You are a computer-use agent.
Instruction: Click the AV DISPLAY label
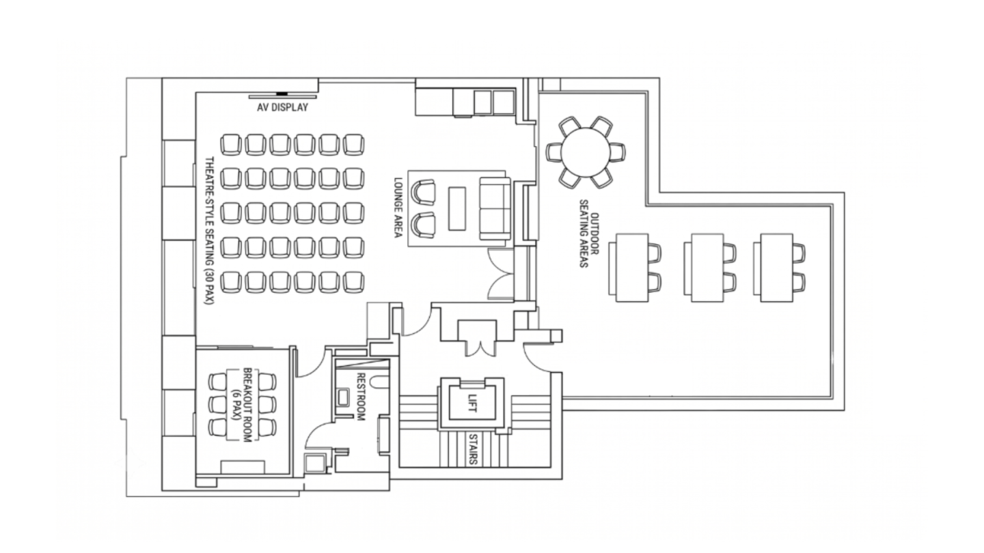point(282,108)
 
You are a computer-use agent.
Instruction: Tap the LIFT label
point(471,401)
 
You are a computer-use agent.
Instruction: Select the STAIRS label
point(473,449)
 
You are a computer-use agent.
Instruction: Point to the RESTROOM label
point(361,397)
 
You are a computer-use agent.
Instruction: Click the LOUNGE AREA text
point(398,207)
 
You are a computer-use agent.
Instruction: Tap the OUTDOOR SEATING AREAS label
point(588,234)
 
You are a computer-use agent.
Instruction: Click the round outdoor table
point(586,152)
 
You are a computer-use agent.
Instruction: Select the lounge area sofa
point(495,208)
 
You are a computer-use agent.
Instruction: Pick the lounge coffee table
point(457,208)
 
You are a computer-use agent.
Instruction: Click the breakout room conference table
point(243,404)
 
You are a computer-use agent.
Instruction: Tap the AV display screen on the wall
point(282,96)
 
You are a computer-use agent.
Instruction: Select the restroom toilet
point(342,397)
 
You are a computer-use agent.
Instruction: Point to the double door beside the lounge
point(501,274)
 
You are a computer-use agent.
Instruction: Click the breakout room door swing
point(311,362)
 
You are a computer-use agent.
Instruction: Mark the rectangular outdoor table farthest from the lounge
point(777,268)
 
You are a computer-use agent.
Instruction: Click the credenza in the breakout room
point(243,467)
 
